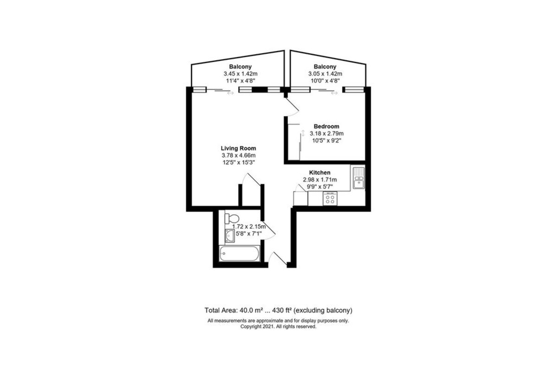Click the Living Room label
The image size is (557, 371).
pyautogui.click(x=238, y=148)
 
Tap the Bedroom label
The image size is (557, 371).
pyautogui.click(x=326, y=126)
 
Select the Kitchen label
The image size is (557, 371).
pyautogui.click(x=319, y=173)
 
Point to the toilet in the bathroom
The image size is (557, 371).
pyautogui.click(x=231, y=217)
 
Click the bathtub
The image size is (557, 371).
pyautogui.click(x=239, y=254)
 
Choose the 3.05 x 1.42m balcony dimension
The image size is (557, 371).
pyautogui.click(x=325, y=74)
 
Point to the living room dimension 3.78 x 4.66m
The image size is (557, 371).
pyautogui.click(x=238, y=155)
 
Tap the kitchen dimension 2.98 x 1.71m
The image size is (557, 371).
pyautogui.click(x=320, y=180)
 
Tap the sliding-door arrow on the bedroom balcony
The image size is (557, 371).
pyautogui.click(x=334, y=93)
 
